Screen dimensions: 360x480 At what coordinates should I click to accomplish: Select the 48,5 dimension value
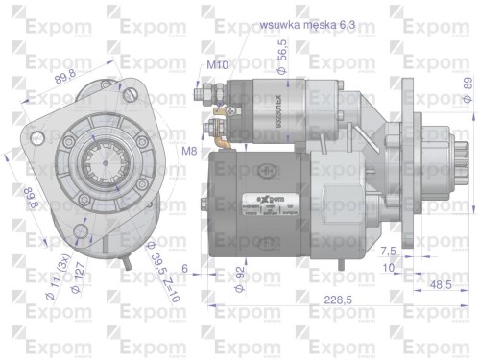[x=441, y=286]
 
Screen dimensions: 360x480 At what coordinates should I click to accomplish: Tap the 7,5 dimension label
[x=389, y=251]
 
